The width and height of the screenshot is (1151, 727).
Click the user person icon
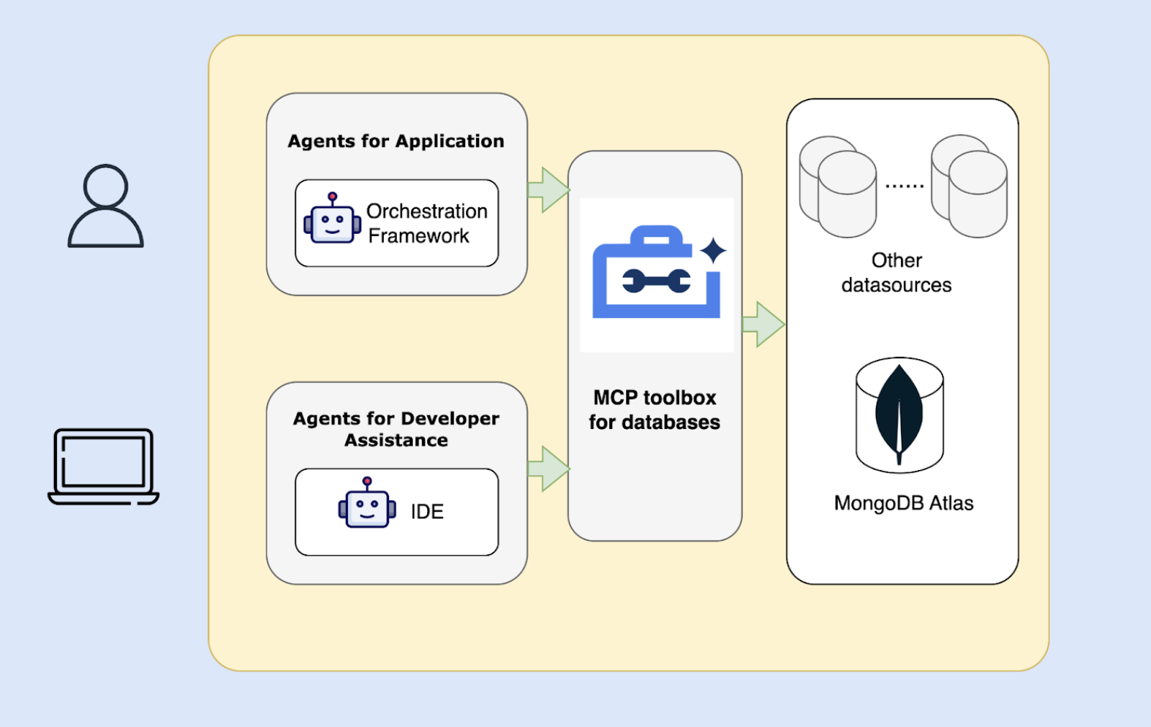pyautogui.click(x=105, y=207)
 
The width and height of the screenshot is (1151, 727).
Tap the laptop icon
pyautogui.click(x=104, y=466)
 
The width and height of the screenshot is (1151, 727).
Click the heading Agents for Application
pyautogui.click(x=396, y=141)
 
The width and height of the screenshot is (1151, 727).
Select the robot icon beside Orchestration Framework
pyautogui.click(x=332, y=220)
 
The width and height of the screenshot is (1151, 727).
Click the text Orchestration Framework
pyautogui.click(x=426, y=223)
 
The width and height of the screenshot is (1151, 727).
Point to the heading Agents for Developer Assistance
pyautogui.click(x=396, y=429)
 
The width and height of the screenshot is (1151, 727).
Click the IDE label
pyautogui.click(x=427, y=512)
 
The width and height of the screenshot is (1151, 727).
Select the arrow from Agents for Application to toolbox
pyautogui.click(x=549, y=190)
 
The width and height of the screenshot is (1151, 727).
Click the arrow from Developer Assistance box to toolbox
pyautogui.click(x=549, y=469)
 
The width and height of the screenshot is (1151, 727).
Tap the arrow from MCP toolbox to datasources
pyautogui.click(x=763, y=325)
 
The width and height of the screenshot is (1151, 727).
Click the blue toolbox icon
pyautogui.click(x=655, y=274)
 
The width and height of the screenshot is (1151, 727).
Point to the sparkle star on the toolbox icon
pyautogui.click(x=713, y=250)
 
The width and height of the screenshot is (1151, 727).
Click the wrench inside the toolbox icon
pyautogui.click(x=656, y=281)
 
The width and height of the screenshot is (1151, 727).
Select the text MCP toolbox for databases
pyautogui.click(x=655, y=410)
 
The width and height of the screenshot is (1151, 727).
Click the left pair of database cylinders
pyautogui.click(x=838, y=186)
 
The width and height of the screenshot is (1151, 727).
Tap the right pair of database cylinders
pyautogui.click(x=969, y=186)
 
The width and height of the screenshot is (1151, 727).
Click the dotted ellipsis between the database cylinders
pyautogui.click(x=904, y=186)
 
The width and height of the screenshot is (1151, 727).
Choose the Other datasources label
pyautogui.click(x=897, y=273)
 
